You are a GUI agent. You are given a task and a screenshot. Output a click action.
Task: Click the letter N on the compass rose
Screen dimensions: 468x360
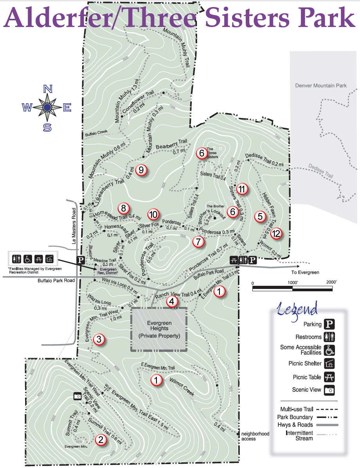pos(48,89)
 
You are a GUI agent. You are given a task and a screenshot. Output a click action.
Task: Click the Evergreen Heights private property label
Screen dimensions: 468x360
pos(159,329)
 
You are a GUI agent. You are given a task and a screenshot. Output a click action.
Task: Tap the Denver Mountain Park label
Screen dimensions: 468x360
pos(321,85)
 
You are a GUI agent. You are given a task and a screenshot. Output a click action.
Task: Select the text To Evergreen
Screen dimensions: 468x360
pos(305,273)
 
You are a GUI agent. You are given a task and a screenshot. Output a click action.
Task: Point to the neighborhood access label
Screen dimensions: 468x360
pos(255,436)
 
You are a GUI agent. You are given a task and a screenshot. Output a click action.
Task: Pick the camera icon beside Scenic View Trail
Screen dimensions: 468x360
pos(77,396)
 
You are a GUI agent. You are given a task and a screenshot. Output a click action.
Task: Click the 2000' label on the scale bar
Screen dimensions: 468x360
pos(331,283)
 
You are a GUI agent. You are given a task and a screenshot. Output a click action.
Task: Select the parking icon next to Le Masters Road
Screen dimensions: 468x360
pos(81,260)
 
